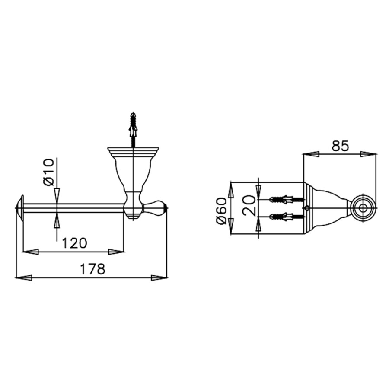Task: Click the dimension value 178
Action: [92, 269]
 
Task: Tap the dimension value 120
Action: [74, 243]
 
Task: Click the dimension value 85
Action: [340, 146]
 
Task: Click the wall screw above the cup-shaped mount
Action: [133, 128]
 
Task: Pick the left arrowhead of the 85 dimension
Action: [311, 154]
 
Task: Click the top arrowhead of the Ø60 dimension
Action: [231, 189]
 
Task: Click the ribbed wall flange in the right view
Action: [308, 208]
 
